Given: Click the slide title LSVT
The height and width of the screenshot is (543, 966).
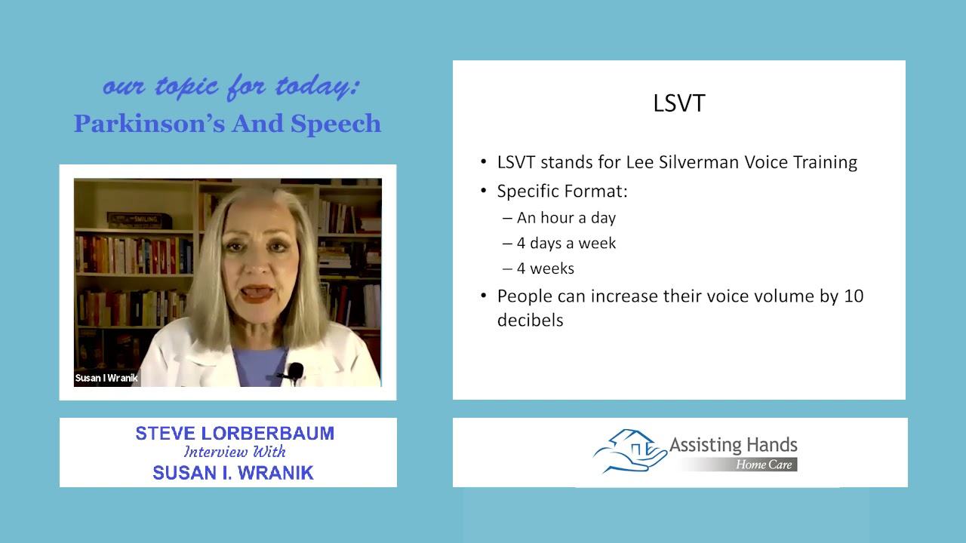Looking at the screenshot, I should coord(678,103).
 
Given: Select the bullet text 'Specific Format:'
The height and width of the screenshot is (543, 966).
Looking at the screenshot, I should coord(562,192).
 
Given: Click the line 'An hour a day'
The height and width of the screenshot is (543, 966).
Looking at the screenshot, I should coord(566,218).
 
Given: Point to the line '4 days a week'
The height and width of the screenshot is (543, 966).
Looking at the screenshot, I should coord(566,244).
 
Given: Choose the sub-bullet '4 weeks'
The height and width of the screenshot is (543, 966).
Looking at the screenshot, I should coord(545,269).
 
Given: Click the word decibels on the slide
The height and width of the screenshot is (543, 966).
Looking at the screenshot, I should coord(530,321).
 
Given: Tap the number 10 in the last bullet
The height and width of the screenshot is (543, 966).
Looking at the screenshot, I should coord(853,296).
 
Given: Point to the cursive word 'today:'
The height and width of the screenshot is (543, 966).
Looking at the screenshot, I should coord(317,87).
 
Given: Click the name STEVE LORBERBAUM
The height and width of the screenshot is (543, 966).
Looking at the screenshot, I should coord(235,434).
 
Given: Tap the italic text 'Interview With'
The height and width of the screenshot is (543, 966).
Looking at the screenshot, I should coord(235,452).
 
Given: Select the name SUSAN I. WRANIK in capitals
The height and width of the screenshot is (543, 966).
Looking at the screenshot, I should coord(232,473).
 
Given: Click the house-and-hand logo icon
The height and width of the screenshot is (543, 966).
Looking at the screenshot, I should coord(628,451).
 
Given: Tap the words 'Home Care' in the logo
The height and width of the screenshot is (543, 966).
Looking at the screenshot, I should coord(764,465).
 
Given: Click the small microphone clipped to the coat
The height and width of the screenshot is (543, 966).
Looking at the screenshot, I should coord(295,370).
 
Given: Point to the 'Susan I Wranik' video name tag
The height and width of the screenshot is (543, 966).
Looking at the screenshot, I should coord(106,378).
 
